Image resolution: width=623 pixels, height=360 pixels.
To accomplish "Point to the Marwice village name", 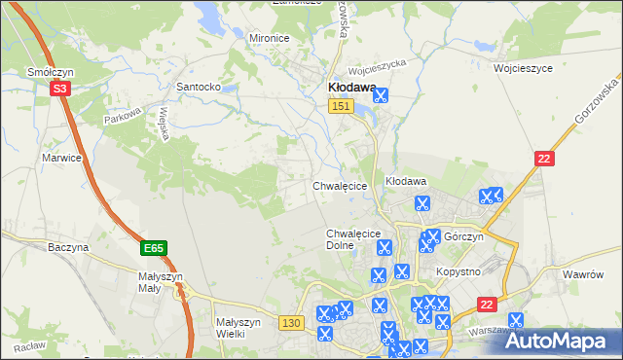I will click(x=61, y=157).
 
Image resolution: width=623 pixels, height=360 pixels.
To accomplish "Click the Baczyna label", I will click(x=68, y=248).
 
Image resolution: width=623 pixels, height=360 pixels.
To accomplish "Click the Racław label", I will click(x=29, y=346).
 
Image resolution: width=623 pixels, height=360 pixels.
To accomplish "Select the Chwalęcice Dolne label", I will click(x=351, y=239).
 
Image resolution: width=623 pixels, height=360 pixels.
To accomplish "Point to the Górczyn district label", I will click(x=463, y=236).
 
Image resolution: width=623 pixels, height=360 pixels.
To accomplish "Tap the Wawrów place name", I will click(x=584, y=274).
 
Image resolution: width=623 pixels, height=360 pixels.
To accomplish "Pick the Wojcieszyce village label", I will click(x=523, y=69).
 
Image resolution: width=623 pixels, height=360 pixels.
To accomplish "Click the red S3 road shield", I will click(x=60, y=89).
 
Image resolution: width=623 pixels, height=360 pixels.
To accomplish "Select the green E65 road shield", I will click(x=153, y=249).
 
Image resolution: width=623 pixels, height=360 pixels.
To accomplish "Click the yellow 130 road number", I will click(x=289, y=322).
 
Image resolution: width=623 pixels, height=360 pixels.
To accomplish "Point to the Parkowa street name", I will click(x=124, y=120).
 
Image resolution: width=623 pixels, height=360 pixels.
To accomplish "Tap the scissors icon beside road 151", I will click(x=380, y=95).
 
